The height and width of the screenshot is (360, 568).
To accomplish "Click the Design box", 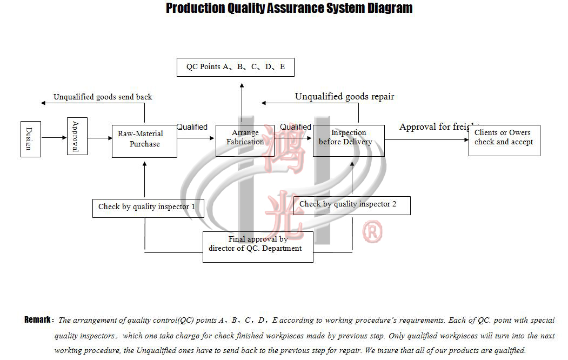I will pos(31,139).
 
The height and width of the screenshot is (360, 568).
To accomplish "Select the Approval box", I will pos(77,136).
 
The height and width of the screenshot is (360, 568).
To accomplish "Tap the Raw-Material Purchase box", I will pos(144,141).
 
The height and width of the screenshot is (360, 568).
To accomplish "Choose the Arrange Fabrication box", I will pos(245,141).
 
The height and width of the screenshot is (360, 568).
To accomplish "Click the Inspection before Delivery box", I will pos(349,141).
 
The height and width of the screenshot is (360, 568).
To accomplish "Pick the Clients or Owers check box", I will pos(504,140).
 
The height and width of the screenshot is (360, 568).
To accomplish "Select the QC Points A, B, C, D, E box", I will pos(236,67).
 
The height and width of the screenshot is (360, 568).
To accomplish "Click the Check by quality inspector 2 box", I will pos(352,205).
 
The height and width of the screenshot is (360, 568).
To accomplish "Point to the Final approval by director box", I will pos(258,246).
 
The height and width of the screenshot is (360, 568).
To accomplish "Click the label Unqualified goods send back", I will pos(103,97).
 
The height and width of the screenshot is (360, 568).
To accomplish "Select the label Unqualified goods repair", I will pos(344,97).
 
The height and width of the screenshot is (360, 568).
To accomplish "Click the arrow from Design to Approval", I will pos(54,138).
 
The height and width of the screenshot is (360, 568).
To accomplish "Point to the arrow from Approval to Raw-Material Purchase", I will pos(99,138).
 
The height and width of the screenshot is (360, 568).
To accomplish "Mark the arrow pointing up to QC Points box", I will pos(242,103).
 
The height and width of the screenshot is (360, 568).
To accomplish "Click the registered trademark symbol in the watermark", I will pos(372,232).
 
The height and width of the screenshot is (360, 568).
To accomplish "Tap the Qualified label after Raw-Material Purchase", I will pos(192,127).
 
